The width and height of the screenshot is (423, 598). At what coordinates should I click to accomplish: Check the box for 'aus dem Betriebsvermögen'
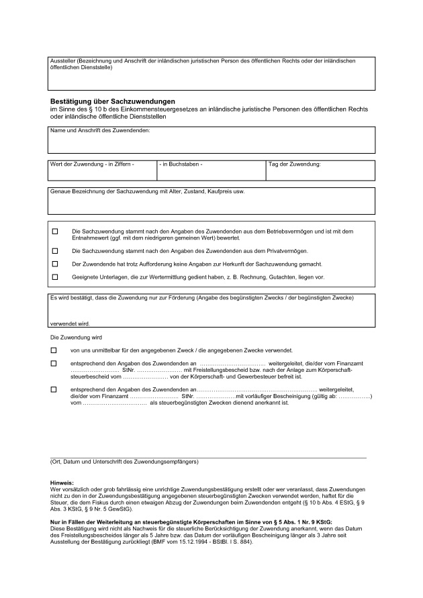tap(55, 232)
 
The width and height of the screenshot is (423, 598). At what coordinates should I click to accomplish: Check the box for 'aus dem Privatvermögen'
tap(55, 250)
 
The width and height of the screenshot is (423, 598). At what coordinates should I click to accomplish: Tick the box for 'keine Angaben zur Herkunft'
tap(55, 264)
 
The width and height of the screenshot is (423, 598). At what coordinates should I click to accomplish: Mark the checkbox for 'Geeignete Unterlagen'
tap(55, 277)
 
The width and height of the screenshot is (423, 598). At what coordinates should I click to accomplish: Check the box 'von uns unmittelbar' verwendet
tap(54, 350)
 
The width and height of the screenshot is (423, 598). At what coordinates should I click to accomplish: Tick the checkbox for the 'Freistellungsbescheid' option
tap(54, 363)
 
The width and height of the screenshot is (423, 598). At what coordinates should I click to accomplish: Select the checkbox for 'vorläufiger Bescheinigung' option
tap(54, 389)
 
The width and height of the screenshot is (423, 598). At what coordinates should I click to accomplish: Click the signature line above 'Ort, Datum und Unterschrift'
tap(208, 456)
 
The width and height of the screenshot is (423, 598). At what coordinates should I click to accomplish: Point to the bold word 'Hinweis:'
tap(62, 483)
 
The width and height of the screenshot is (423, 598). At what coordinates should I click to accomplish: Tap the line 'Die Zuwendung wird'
tap(76, 337)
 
